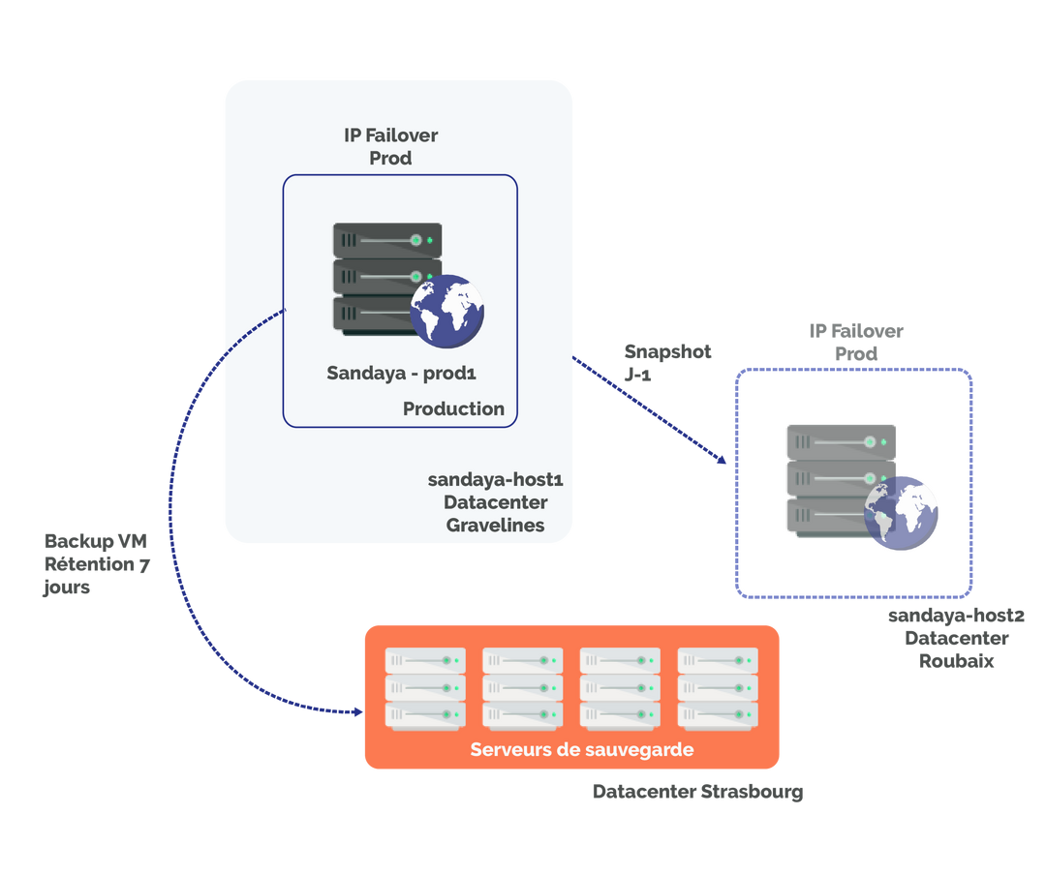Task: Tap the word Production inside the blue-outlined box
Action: pyautogui.click(x=453, y=408)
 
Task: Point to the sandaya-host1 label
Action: pyautogui.click(x=495, y=479)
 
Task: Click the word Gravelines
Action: pyautogui.click(x=495, y=526)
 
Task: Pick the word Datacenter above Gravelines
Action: pyautogui.click(x=495, y=502)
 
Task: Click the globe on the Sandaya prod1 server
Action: pyautogui.click(x=446, y=310)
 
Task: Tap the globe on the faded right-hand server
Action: pyautogui.click(x=901, y=513)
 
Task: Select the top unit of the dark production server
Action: pyautogui.click(x=387, y=239)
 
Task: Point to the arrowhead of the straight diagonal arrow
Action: pyautogui.click(x=722, y=460)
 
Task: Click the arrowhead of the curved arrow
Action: pyautogui.click(x=357, y=711)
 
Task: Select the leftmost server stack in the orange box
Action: pyautogui.click(x=425, y=688)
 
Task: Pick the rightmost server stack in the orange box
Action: pyautogui.click(x=718, y=688)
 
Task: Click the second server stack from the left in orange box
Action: pyautogui.click(x=523, y=688)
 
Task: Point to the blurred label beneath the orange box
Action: pyautogui.click(x=697, y=792)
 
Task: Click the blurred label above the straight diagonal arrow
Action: pyautogui.click(x=666, y=362)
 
